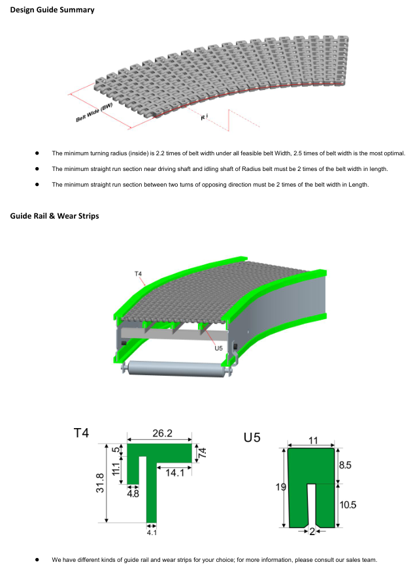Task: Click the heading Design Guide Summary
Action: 52,10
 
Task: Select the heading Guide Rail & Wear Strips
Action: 54,215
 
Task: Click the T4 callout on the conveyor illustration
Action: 139,273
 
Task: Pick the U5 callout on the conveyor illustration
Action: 218,348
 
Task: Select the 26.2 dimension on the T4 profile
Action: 162,433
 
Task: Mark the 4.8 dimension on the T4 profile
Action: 133,493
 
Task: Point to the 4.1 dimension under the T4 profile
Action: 152,532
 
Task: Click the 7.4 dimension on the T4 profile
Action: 202,452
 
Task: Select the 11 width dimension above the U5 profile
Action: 313,440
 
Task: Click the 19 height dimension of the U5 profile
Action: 280,486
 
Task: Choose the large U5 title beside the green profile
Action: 252,437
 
